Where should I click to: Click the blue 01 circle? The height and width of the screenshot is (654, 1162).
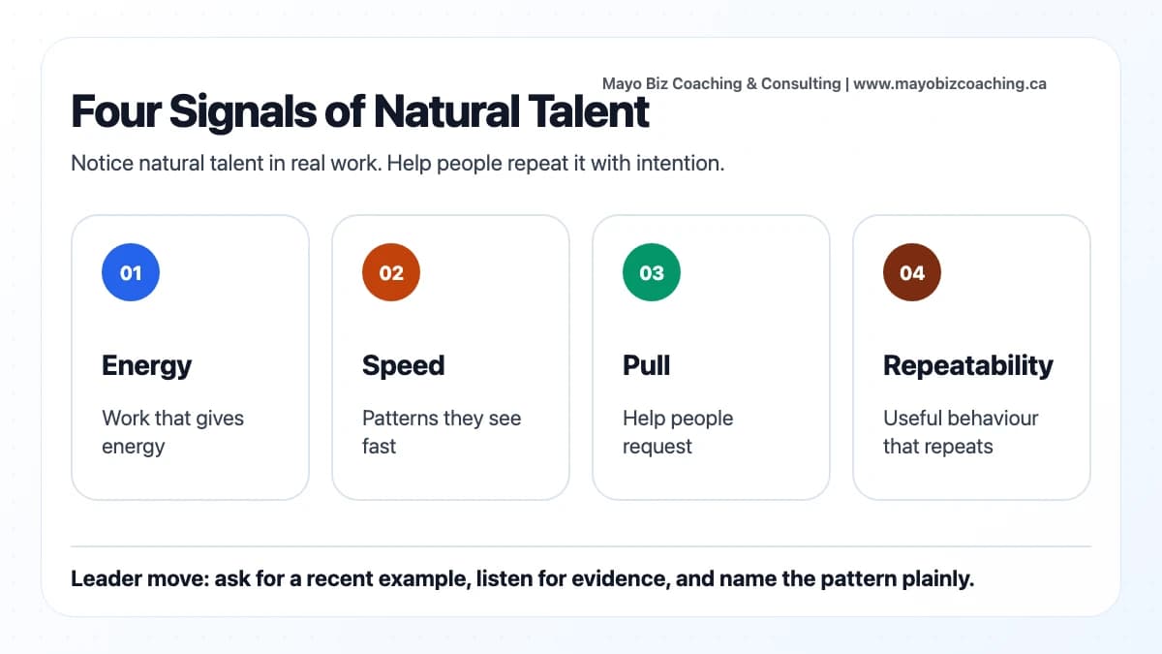click(131, 273)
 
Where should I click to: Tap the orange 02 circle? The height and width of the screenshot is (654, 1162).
click(391, 273)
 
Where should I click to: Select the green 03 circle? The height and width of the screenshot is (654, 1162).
click(652, 273)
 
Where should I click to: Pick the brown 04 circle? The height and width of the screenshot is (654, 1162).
click(912, 273)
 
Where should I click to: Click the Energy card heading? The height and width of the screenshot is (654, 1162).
click(147, 365)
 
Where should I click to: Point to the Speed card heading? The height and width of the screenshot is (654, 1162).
click(403, 365)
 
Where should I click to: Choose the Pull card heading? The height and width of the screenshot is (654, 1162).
click(646, 365)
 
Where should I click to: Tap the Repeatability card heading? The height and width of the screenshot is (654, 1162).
click(968, 365)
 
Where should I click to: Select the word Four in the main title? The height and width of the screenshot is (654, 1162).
click(115, 112)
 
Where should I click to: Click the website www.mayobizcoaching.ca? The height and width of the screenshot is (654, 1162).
click(949, 84)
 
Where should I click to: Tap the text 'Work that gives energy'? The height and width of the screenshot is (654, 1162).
click(172, 432)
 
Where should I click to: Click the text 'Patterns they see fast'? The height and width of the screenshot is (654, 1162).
click(442, 432)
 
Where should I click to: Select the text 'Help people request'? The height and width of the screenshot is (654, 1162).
click(678, 432)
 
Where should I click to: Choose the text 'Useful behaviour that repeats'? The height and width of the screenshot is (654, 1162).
click(961, 432)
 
